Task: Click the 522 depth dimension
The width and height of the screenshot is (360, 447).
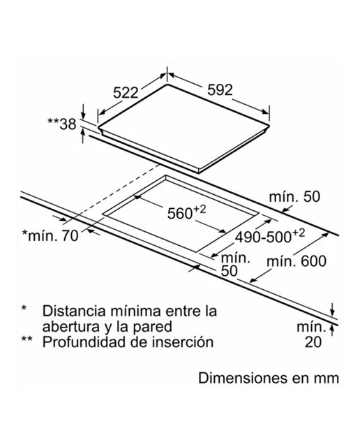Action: point(126,93)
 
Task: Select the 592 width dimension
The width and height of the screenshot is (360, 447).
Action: point(220,90)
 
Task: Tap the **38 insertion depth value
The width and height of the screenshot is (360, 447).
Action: point(62,124)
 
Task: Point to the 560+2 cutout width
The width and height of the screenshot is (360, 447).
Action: point(186,212)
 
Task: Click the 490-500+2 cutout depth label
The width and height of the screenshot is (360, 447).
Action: point(270,236)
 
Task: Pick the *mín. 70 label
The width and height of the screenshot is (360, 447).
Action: point(50,236)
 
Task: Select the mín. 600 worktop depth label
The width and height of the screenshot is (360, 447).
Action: point(297,261)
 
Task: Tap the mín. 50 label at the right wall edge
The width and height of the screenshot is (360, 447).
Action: point(294,197)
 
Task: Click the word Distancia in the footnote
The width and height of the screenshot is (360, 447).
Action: point(74,311)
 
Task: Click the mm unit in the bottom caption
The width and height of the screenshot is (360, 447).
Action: point(327,379)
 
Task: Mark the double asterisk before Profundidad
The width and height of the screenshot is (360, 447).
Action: point(27,339)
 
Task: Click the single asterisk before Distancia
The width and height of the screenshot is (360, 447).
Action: point(24,308)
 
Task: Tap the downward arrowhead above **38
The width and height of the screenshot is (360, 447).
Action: point(83,115)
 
